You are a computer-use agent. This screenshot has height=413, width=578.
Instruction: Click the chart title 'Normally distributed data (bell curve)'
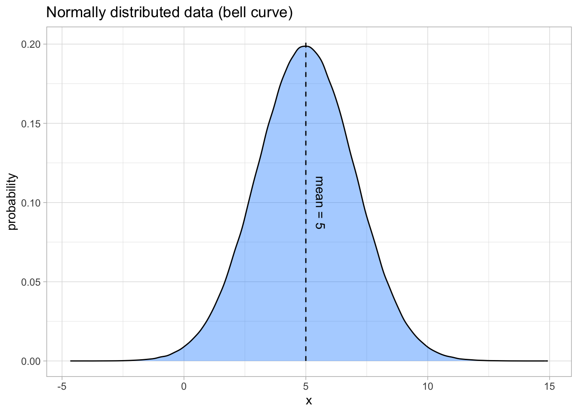[x=169, y=13]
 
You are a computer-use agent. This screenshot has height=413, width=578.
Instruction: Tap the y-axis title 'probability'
[x=12, y=202]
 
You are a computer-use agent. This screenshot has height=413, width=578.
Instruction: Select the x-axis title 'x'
[x=309, y=401]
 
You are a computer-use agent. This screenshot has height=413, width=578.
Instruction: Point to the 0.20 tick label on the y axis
[x=32, y=44]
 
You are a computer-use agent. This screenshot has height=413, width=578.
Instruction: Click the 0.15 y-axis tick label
[x=32, y=123]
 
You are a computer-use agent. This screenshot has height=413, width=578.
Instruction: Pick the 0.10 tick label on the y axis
[x=32, y=203]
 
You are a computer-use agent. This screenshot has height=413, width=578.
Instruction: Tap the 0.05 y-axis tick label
[x=32, y=282]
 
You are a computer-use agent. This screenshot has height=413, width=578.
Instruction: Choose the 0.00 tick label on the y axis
[x=32, y=361]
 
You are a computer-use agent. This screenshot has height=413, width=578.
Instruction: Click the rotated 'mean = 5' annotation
[x=319, y=202]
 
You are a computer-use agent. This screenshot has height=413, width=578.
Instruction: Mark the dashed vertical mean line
[x=306, y=280]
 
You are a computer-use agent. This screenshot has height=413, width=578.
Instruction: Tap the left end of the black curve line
[x=71, y=361]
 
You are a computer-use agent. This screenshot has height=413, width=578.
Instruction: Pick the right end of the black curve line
[x=547, y=361]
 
